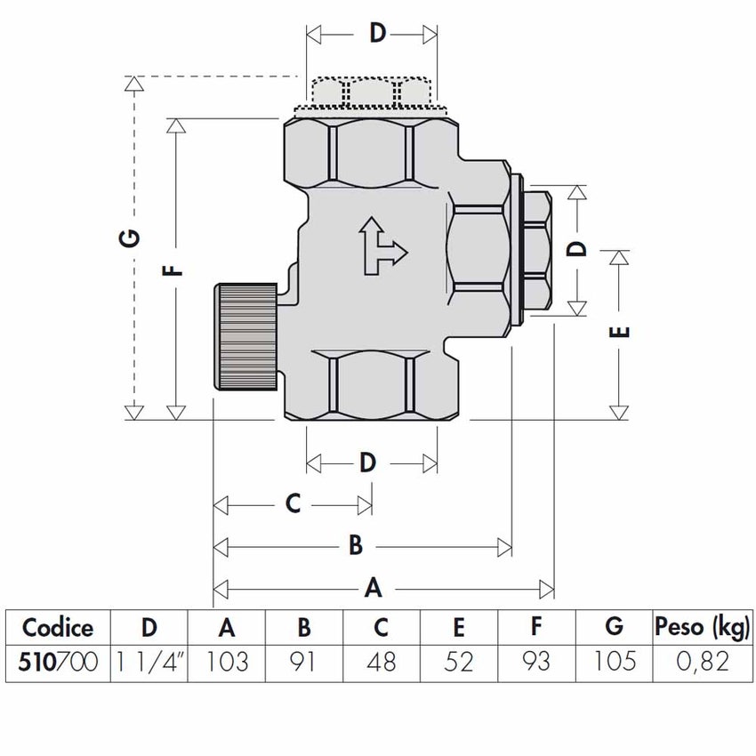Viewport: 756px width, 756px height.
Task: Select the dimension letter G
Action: pyautogui.click(x=131, y=238)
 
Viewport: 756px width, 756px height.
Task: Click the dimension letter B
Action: pyautogui.click(x=355, y=545)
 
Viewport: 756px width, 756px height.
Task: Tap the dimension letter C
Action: pyautogui.click(x=293, y=504)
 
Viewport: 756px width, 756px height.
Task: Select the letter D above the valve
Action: pyautogui.click(x=378, y=34)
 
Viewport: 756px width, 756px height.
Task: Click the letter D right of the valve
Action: pyautogui.click(x=578, y=248)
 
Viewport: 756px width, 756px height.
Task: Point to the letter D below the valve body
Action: pyautogui.click(x=368, y=462)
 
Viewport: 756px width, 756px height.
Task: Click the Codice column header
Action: pyautogui.click(x=58, y=627)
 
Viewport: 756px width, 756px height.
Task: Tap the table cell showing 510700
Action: pyautogui.click(x=58, y=661)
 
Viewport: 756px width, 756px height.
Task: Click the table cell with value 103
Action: pyautogui.click(x=227, y=661)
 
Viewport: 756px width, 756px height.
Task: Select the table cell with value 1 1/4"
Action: pyautogui.click(x=150, y=661)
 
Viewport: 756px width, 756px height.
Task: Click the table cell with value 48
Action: pyautogui.click(x=381, y=661)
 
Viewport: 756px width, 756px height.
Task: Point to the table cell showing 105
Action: pyautogui.click(x=614, y=661)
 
